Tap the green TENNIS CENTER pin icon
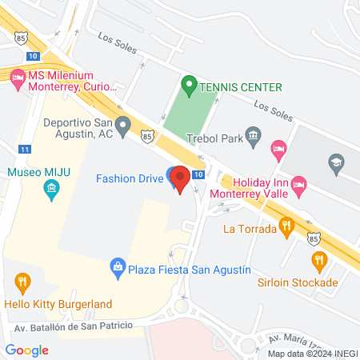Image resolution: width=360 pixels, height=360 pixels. click(x=190, y=84)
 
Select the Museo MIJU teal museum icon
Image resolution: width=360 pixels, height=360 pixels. click(x=52, y=190)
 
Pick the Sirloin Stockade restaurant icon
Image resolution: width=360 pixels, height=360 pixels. click(x=319, y=261)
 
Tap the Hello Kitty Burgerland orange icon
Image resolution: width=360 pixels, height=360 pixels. click(x=22, y=282)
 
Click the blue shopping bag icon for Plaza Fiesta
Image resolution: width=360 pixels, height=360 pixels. click(x=118, y=266)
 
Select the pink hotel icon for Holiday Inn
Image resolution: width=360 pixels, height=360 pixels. click(x=298, y=184)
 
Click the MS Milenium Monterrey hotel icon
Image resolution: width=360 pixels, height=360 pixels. click(x=18, y=77)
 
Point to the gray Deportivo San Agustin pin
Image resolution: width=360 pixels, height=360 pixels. click(x=122, y=126)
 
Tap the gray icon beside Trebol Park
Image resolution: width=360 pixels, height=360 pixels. click(x=254, y=134)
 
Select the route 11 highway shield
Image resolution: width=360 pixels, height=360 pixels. click(x=26, y=149)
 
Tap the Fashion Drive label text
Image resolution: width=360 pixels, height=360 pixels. click(x=130, y=178)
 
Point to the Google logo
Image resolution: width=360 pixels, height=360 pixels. click(x=27, y=350)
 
